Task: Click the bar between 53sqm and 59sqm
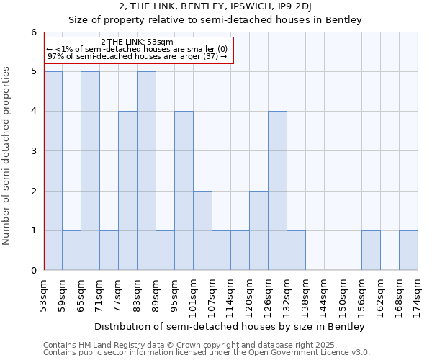coord(53,171)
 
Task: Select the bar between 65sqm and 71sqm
coord(90,171)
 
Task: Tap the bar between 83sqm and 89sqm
coord(146,171)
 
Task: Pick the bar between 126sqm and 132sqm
coord(277,191)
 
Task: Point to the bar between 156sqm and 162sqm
coord(371,251)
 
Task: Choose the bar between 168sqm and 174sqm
coord(408,251)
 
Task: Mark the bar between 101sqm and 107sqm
coord(202,230)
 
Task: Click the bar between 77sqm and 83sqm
coord(127,191)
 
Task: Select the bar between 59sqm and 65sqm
coord(71,251)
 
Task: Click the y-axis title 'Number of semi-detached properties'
coord(7,155)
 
